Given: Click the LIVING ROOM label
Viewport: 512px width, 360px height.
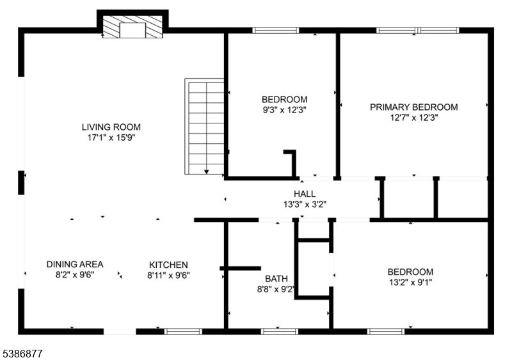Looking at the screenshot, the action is coord(111,127).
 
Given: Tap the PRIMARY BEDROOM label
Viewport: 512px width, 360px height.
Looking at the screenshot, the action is coord(413,107).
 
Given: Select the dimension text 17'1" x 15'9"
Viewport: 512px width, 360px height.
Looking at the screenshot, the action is coord(111,137).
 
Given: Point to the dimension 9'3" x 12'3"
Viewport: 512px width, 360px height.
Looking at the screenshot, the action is coord(284,110).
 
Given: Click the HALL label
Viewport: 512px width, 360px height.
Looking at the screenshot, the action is coord(305,194).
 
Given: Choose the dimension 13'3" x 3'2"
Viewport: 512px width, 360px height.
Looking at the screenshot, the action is coord(305,205).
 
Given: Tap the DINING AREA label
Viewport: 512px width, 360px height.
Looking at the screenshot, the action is coord(75,264).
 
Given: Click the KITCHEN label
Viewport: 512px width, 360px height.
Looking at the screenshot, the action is coord(168,265).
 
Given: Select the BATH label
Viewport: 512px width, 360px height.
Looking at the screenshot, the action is coord(276,279).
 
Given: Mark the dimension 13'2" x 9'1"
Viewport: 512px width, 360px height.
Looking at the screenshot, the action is coord(410,283).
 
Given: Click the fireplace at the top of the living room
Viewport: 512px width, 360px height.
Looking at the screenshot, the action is coord(132,27).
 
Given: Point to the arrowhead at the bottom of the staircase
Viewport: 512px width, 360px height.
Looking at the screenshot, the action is coord(206,171).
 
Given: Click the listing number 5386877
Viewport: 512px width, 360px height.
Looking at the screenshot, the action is coord(22,354).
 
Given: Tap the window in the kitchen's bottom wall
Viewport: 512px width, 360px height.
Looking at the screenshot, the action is coord(183,332).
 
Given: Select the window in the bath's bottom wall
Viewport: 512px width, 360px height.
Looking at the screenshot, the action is coord(280,332).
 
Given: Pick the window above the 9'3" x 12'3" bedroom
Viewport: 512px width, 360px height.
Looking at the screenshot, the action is coord(276,30).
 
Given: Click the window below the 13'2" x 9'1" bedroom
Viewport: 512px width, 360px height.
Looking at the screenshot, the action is coord(386,332).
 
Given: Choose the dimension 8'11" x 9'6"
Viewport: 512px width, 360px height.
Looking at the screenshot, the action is coord(168,276).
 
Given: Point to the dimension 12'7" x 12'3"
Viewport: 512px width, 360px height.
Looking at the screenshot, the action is coord(414,118).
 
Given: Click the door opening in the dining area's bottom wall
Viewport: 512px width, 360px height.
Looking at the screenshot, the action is coord(120,332).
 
